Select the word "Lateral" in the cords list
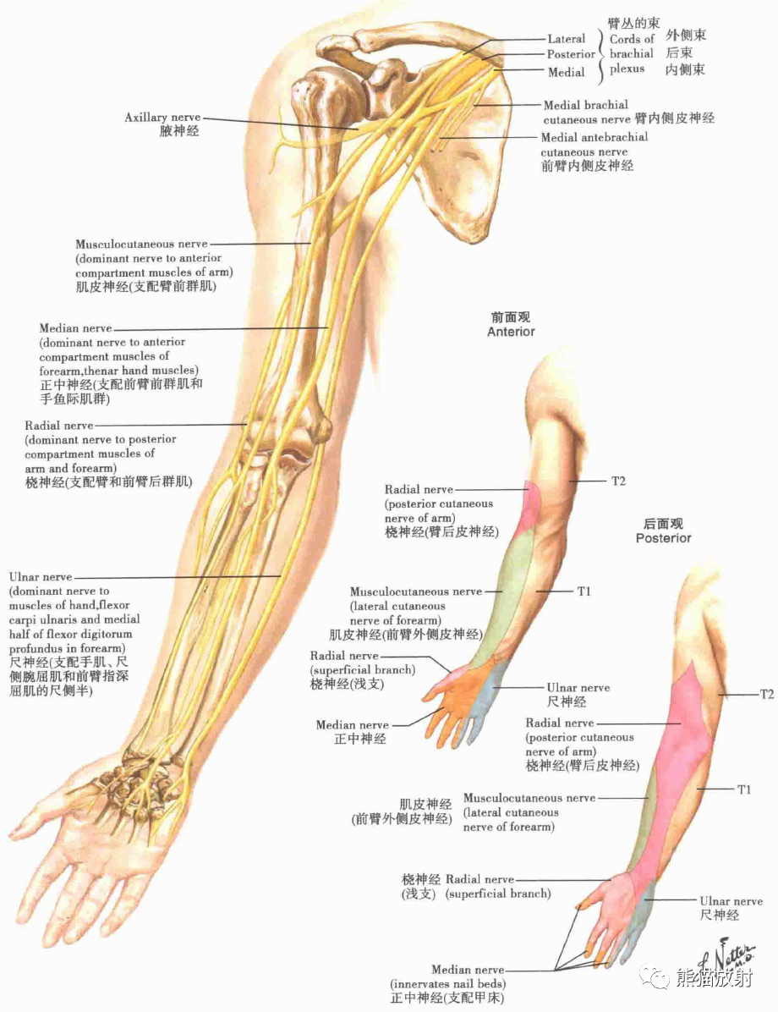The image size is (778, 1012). point(566,39)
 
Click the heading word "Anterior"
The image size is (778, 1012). point(511,332)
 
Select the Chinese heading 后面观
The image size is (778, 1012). point(663,524)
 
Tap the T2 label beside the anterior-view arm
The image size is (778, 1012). point(618,481)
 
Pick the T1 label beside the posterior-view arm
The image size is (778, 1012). point(743,789)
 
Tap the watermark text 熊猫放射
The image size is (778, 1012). point(714,979)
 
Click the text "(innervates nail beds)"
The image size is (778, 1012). point(447,984)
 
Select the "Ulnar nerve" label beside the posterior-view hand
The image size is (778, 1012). point(731,901)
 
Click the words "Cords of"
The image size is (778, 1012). point(632,39)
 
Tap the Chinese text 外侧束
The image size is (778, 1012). point(685,36)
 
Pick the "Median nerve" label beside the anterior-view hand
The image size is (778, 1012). point(353,725)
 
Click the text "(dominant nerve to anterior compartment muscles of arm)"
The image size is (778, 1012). point(148,266)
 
